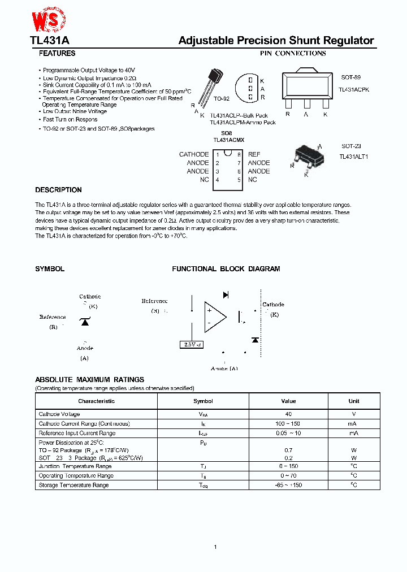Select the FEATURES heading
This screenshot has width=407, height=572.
(57, 54)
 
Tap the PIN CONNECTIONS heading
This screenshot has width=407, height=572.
(293, 54)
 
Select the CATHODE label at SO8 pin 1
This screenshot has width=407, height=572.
(194, 154)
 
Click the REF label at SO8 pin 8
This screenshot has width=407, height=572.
(254, 154)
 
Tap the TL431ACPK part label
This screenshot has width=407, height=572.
(353, 90)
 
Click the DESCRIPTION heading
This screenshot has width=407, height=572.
(58, 190)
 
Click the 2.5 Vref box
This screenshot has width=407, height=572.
(190, 344)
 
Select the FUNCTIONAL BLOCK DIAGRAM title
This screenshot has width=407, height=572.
(226, 269)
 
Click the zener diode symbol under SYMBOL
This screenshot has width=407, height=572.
(85, 322)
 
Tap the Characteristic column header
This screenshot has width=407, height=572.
(96, 401)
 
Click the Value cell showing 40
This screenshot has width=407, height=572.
(288, 414)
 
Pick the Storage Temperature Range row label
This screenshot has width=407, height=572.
(73, 485)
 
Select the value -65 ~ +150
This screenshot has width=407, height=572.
(288, 485)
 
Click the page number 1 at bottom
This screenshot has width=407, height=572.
(215, 547)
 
